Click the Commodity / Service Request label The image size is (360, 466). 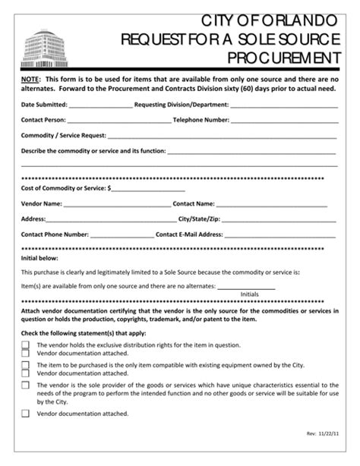click(62, 136)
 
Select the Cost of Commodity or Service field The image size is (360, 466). click(148, 188)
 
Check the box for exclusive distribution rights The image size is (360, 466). click(25, 344)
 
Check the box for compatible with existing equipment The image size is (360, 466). click(25, 365)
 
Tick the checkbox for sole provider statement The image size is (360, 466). click(25, 386)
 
